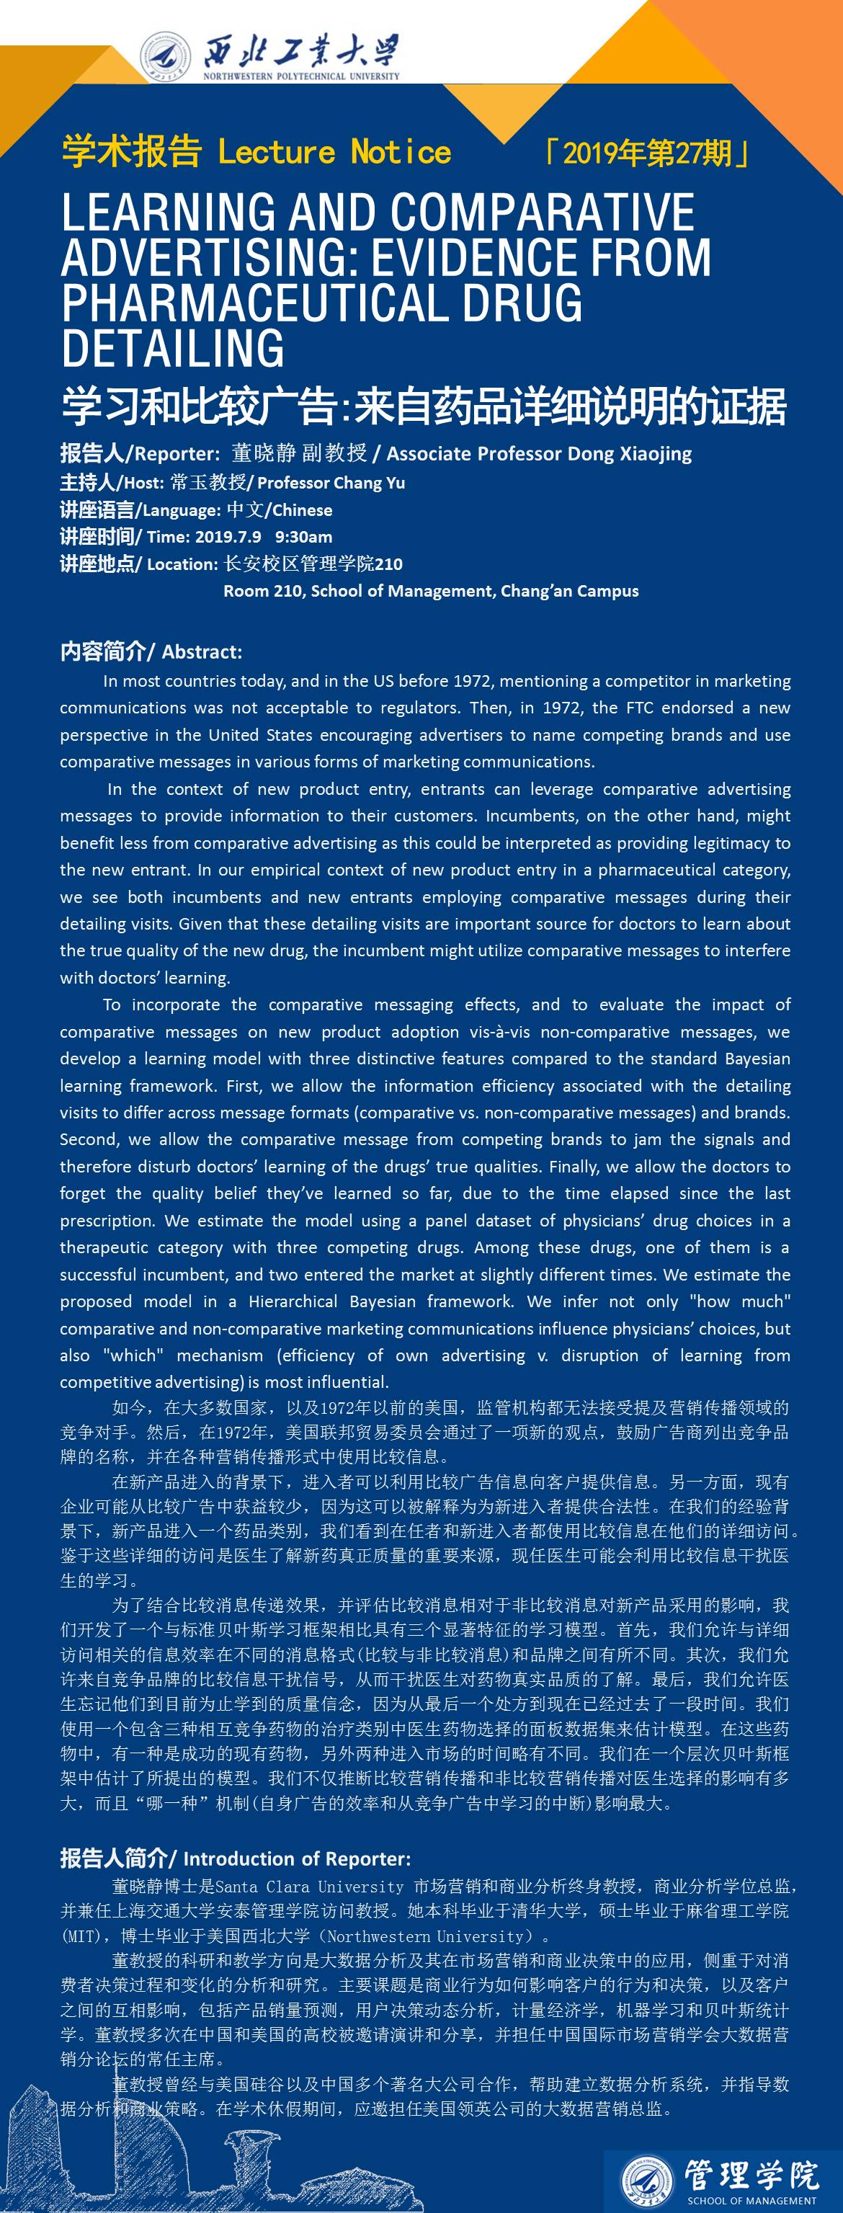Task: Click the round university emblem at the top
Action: point(166,55)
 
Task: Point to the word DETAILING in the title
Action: point(173,347)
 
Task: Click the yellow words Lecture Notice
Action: point(334,153)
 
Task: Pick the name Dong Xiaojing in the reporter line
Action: point(639,453)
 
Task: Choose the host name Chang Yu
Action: point(371,483)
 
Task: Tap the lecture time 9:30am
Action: point(303,537)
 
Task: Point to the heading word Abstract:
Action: point(202,652)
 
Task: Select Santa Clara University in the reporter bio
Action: point(309,1887)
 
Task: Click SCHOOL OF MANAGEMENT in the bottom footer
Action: point(751,2200)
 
